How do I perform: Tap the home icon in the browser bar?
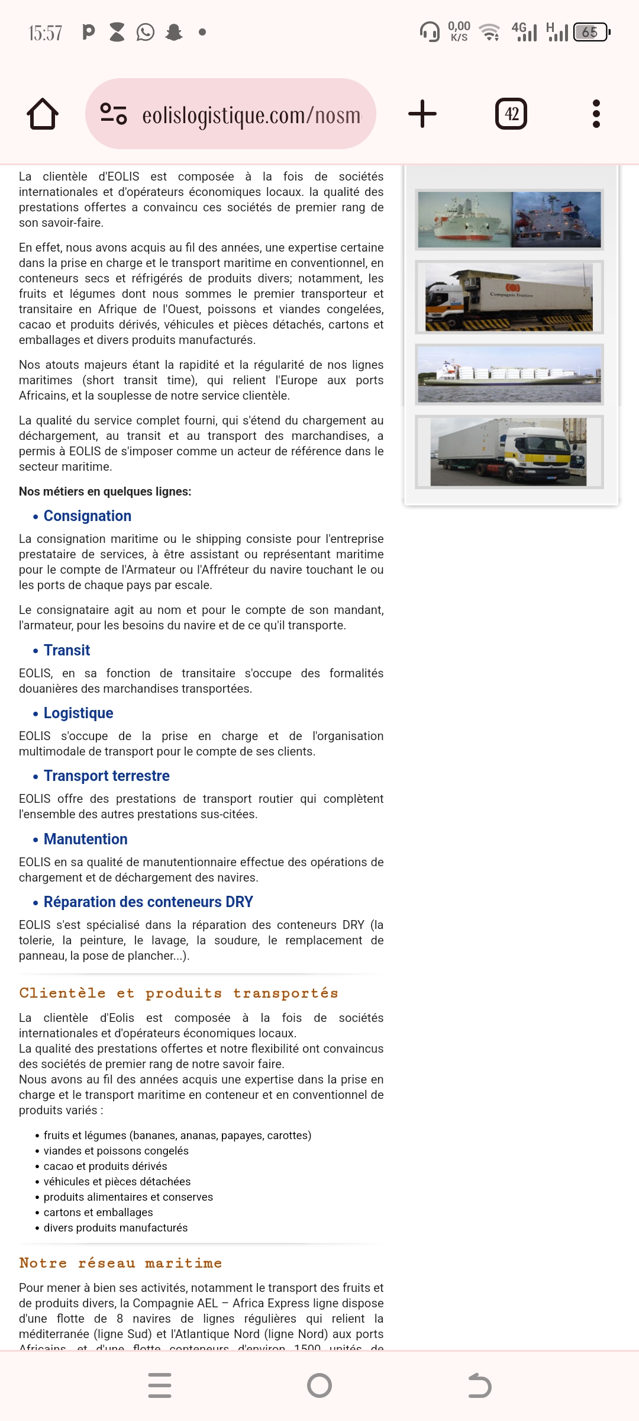pos(43,114)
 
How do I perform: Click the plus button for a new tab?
pos(422,114)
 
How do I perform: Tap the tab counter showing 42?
pos(511,114)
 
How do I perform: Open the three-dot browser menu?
pos(596,114)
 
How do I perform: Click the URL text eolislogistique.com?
pos(251,115)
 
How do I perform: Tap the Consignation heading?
pos(88,516)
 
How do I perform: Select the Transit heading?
pos(67,651)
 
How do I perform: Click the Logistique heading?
pos(79,713)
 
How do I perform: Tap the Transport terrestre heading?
pos(106,776)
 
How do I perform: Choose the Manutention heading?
pos(86,840)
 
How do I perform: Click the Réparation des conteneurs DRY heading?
pos(149,902)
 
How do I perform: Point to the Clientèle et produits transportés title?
pos(179,994)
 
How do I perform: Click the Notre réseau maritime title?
pos(121,1264)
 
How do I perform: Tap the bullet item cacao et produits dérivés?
pos(105,1166)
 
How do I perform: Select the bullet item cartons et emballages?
pos(98,1213)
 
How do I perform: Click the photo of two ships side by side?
pos(509,220)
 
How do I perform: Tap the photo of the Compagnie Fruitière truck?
pos(509,297)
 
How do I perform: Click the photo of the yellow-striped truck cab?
pos(509,452)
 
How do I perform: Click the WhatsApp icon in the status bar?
pos(146,32)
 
